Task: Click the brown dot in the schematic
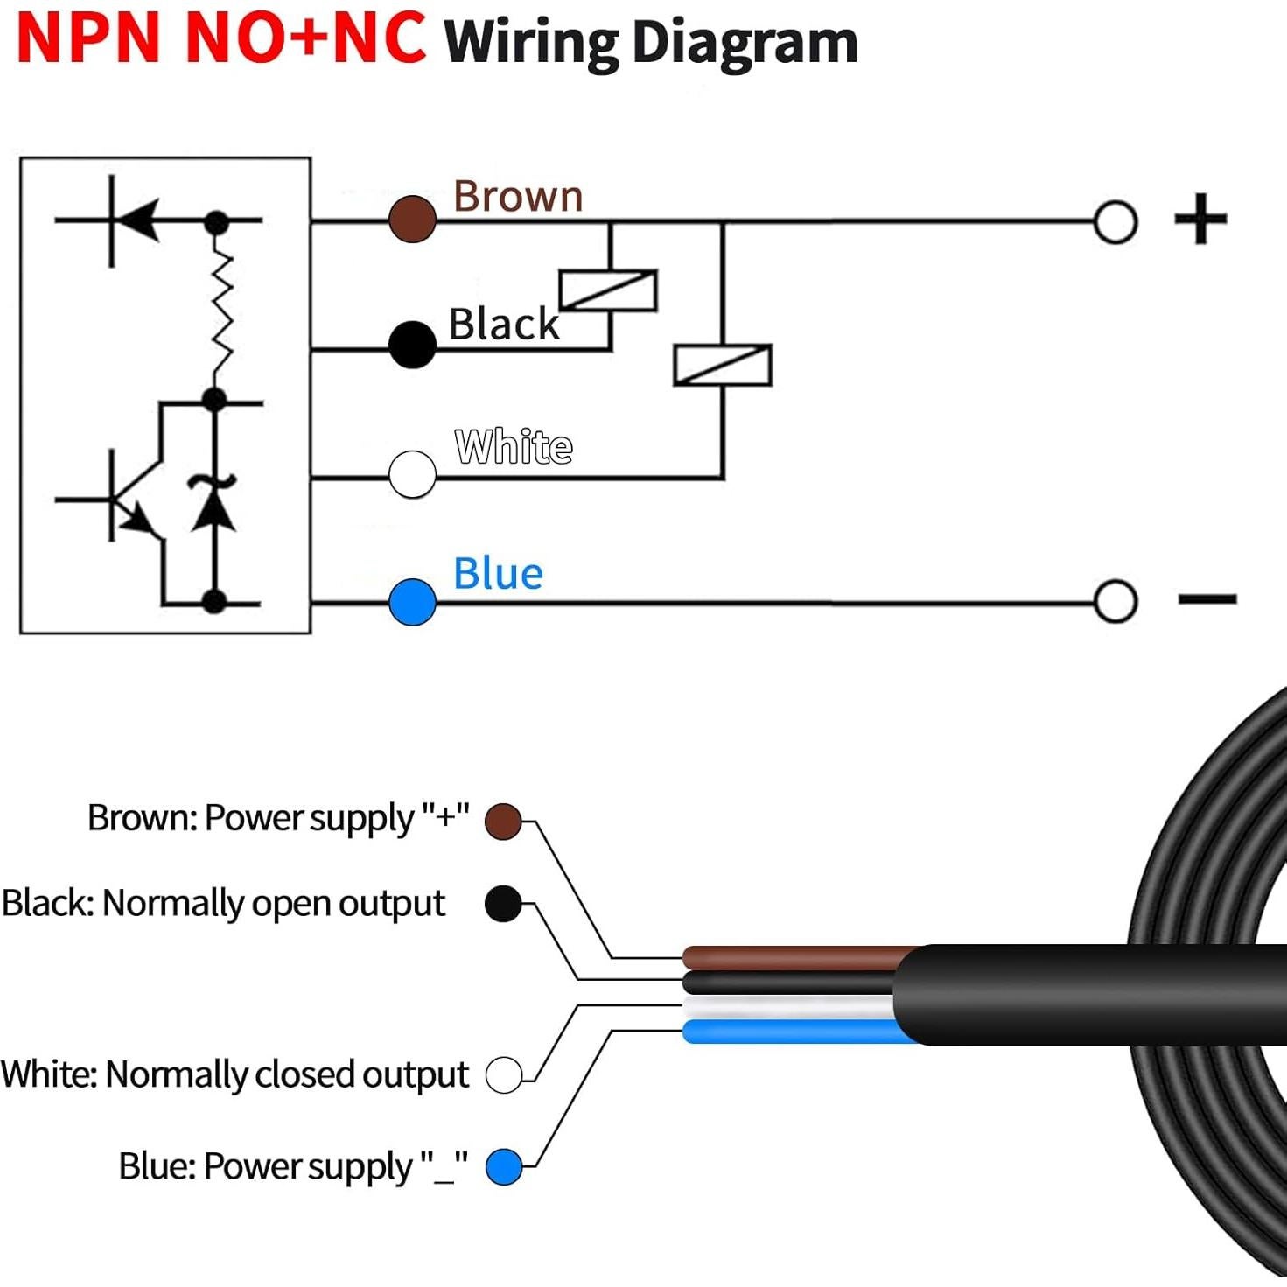[412, 219]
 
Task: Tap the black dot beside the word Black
[412, 345]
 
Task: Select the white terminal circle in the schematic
[412, 474]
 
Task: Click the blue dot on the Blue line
[412, 602]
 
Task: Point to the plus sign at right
[1200, 219]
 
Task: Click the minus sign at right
[1207, 599]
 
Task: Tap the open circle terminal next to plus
[1115, 221]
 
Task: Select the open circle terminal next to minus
[1115, 602]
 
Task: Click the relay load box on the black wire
[608, 290]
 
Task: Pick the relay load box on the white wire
[722, 365]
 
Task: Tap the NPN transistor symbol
[131, 499]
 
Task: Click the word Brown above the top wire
[518, 197]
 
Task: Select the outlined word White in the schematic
[514, 447]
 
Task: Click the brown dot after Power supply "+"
[503, 821]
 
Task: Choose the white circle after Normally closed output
[503, 1074]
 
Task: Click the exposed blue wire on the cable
[787, 1032]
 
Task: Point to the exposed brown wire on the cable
[787, 957]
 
